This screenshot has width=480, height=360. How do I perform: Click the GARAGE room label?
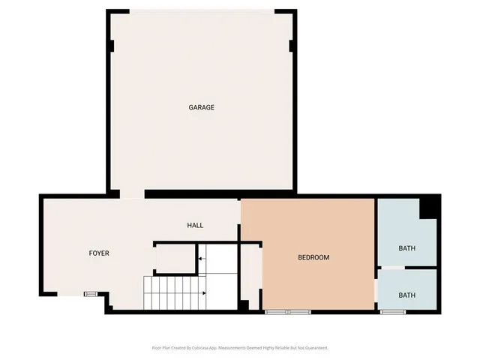coord(201,107)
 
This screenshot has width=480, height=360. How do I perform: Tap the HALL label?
coord(195,225)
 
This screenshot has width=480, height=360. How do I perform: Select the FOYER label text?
coord(99,253)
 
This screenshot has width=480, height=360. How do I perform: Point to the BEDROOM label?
coord(313,257)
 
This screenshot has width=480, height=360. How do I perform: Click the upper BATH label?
coord(406,248)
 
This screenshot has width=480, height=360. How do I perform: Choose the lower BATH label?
coord(406,295)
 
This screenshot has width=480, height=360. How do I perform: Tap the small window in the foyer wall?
coord(90,293)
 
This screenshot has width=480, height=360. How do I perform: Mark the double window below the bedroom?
coord(287,310)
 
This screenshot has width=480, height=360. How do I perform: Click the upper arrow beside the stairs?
coord(200,259)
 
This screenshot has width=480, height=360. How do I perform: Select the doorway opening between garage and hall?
coord(132,194)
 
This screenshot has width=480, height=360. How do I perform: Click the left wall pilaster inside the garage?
coord(112,46)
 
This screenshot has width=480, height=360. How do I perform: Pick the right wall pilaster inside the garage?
coord(292,46)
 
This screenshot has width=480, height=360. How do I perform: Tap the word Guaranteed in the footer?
coord(313,348)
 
